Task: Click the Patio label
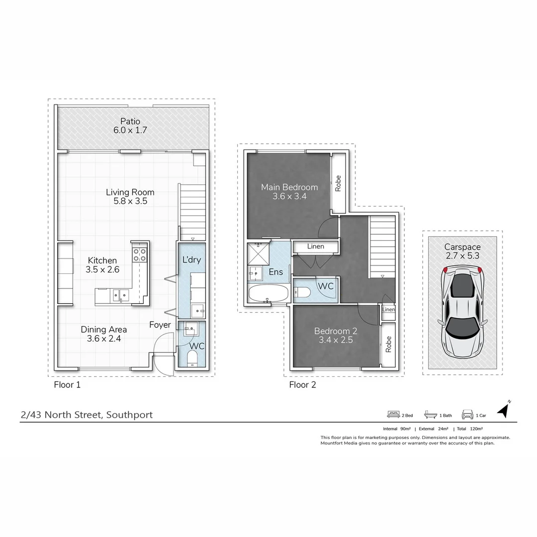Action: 130,121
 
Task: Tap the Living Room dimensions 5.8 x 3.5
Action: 130,202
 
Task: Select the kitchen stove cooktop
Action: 139,255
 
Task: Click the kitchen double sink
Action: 120,295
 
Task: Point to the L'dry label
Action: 191,260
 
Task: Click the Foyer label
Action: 160,325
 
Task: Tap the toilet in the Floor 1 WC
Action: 192,358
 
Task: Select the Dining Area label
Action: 104,329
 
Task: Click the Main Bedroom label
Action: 289,187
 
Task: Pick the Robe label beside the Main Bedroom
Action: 338,183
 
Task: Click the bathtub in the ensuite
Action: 268,293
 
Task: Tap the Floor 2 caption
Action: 302,384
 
